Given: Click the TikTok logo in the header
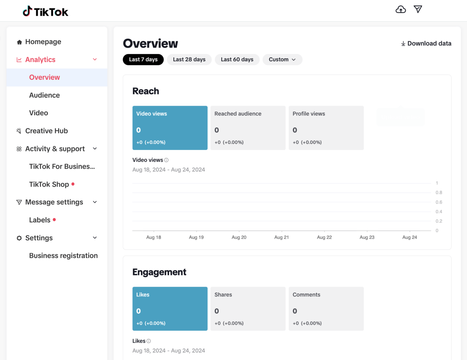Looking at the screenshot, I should click(x=45, y=12).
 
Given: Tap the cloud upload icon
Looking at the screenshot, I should click(x=401, y=9).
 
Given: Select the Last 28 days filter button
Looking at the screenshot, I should click(x=189, y=59).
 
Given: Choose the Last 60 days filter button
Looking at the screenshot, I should click(x=237, y=59).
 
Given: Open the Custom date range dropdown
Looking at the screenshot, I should click(x=282, y=59).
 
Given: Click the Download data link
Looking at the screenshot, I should click(x=426, y=43).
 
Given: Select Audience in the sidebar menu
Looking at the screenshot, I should click(x=44, y=95).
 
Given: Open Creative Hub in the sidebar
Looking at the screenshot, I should click(x=46, y=131).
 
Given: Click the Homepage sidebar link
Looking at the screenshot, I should click(x=43, y=42).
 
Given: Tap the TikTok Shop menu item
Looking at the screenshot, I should click(x=49, y=184).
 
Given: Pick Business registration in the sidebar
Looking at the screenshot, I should click(x=63, y=256).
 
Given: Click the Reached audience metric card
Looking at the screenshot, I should click(x=248, y=128).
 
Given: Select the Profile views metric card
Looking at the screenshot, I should click(x=326, y=128).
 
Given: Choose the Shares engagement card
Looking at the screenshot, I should click(x=248, y=309).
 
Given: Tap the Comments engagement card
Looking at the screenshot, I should click(x=326, y=309).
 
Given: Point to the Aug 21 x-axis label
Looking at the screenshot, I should click(x=282, y=237).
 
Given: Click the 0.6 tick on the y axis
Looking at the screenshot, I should click(x=439, y=202).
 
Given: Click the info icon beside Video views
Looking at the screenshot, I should click(x=166, y=160).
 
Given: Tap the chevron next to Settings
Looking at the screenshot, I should click(x=95, y=238).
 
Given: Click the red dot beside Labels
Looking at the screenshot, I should click(x=54, y=220).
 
